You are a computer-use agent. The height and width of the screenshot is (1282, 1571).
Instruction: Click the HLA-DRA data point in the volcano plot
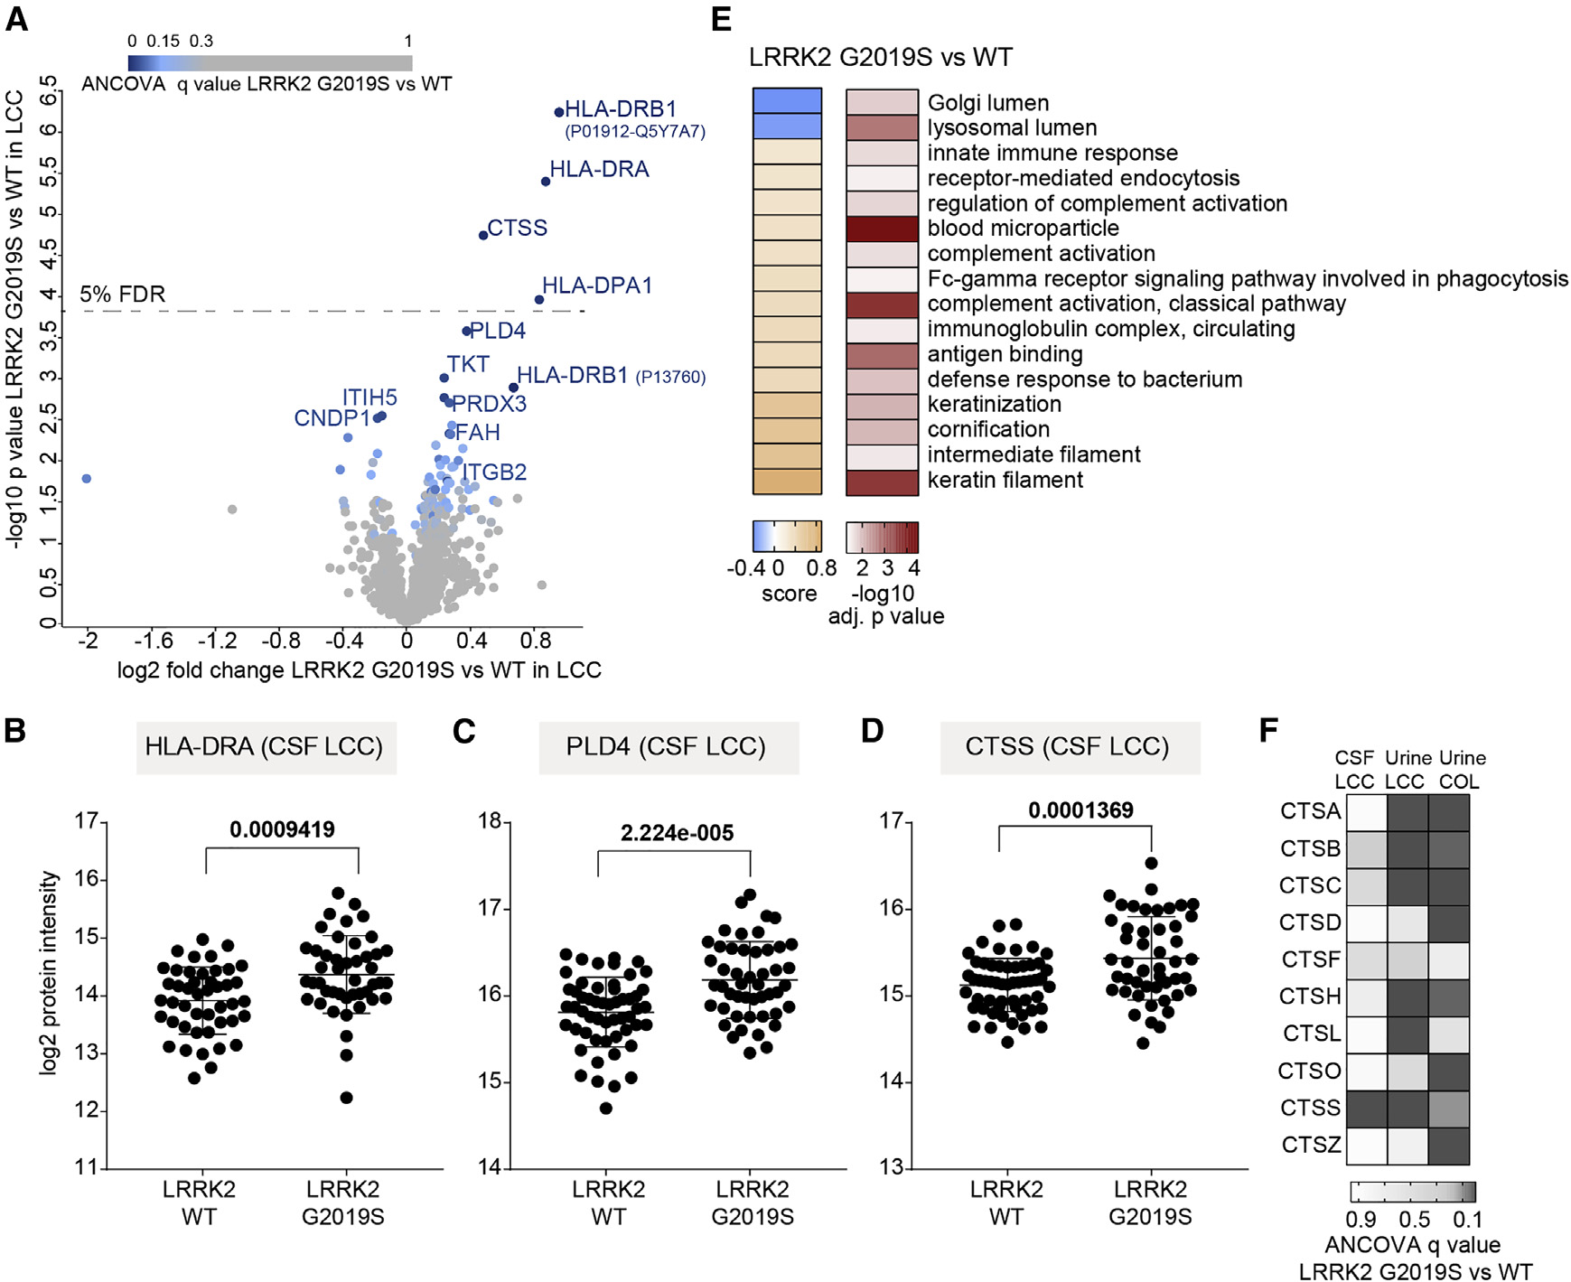coord(546,182)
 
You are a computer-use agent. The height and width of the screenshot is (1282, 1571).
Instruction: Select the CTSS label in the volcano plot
coord(517,228)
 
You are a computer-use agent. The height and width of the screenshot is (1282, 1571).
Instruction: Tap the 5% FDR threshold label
coord(123,295)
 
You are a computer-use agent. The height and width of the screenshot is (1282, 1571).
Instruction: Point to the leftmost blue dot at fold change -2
coord(87,479)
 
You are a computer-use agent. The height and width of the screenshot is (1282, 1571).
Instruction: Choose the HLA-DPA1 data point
coord(539,300)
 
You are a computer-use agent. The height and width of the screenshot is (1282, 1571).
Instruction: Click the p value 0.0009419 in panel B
coord(282,829)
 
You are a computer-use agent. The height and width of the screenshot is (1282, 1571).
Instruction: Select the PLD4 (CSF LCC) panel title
coord(666,747)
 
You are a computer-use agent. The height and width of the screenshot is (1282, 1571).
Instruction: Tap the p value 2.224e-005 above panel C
coord(677,833)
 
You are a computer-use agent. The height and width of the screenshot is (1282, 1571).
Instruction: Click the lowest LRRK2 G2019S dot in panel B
coord(346,1098)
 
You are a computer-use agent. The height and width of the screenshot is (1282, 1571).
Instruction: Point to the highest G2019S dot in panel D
coord(1151,863)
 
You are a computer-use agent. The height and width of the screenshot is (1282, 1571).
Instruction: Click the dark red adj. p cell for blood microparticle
coord(882,229)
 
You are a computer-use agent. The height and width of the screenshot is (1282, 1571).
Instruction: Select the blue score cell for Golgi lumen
coord(787,101)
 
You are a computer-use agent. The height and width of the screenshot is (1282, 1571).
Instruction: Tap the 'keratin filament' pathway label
coord(1005,480)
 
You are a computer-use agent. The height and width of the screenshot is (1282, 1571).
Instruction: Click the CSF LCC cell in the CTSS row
coord(1367,1108)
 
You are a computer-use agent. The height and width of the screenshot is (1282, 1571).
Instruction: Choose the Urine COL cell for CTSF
coord(1449,959)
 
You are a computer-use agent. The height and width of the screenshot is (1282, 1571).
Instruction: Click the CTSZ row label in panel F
coord(1311,1145)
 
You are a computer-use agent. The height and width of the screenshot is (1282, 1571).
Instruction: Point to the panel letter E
coord(721,20)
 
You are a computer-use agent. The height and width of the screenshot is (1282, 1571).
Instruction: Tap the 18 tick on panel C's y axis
coord(490,821)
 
